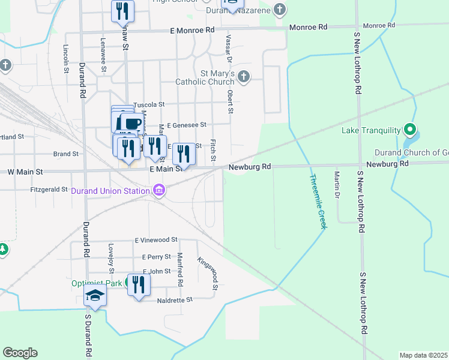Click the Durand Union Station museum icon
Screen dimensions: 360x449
(158, 191)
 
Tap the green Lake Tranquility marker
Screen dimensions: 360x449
(410, 130)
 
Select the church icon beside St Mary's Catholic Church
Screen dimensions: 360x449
(243, 77)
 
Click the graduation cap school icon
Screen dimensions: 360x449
(95, 295)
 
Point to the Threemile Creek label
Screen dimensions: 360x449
(318, 200)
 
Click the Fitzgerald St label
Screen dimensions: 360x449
(49, 189)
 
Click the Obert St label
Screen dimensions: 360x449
(230, 102)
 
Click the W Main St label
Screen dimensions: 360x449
(25, 172)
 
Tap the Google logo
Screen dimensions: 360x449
(20, 353)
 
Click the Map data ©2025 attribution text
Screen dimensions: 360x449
(423, 355)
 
